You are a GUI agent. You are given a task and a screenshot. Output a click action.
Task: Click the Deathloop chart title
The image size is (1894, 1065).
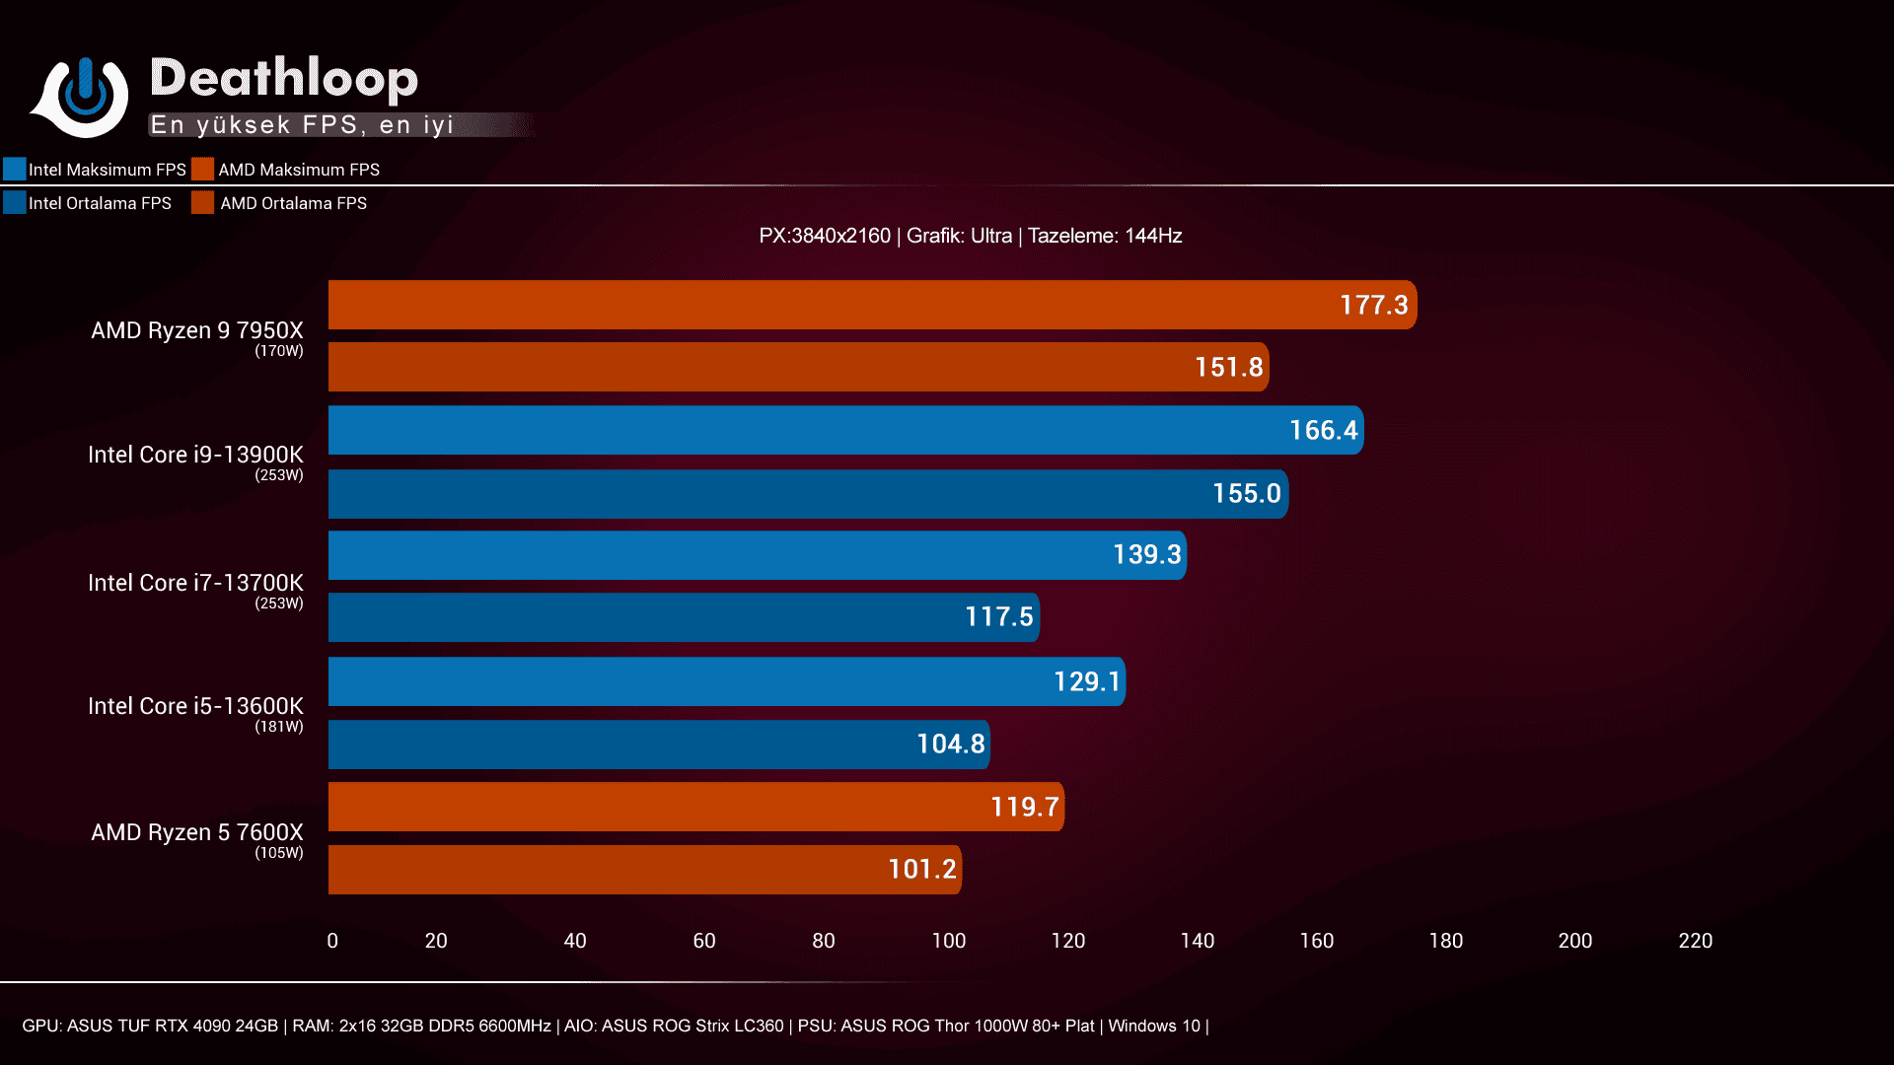(x=284, y=79)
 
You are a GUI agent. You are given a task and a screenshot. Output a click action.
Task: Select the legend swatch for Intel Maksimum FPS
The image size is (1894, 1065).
(x=14, y=170)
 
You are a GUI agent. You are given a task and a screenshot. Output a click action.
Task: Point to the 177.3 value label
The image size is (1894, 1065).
(x=1373, y=306)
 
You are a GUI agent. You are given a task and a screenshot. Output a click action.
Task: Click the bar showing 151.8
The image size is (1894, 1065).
(x=797, y=368)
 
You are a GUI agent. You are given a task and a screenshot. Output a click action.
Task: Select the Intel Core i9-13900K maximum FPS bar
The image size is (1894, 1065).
(x=844, y=431)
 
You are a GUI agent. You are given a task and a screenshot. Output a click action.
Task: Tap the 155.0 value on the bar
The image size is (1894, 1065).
(x=1246, y=494)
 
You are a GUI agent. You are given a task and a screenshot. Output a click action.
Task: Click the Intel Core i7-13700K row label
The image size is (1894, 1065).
(x=195, y=583)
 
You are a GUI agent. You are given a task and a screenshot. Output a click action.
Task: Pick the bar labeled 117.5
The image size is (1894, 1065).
(x=683, y=617)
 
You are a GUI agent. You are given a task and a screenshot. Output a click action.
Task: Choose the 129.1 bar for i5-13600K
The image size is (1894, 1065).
(x=726, y=681)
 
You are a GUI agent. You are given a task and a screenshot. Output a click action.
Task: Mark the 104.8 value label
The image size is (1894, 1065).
(x=950, y=745)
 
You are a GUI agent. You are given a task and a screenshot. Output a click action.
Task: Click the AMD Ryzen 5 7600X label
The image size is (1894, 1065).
(x=197, y=832)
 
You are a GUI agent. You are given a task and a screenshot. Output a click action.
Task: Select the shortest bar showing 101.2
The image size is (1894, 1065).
(x=643, y=870)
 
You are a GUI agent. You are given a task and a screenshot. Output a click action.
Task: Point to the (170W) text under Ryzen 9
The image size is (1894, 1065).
(x=279, y=351)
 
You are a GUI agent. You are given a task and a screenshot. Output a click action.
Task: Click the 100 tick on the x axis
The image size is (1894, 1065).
(x=949, y=941)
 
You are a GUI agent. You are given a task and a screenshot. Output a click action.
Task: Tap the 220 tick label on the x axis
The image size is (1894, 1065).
(x=1695, y=941)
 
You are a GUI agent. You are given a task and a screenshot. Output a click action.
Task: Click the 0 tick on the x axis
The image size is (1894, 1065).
(x=332, y=941)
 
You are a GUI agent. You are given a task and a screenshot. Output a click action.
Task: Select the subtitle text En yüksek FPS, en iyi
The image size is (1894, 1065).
(x=302, y=125)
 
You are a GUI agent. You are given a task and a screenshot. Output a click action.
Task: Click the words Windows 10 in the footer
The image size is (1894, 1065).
(x=1153, y=1026)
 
